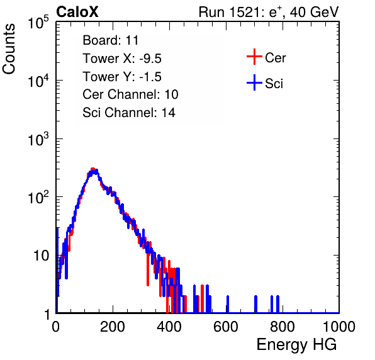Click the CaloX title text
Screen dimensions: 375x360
(77, 12)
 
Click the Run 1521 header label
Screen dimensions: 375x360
(269, 12)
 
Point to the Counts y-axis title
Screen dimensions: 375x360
(9, 49)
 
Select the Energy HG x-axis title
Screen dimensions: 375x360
(296, 345)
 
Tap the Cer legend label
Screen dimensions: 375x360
(275, 58)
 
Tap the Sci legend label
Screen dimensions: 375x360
(274, 84)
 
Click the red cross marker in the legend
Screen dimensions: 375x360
(254, 57)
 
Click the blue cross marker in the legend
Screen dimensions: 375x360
(254, 82)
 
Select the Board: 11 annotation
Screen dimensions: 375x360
(111, 40)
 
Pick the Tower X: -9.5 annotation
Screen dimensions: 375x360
(122, 59)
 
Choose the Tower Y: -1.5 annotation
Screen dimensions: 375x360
(122, 77)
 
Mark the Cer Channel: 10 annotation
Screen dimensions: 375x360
(130, 94)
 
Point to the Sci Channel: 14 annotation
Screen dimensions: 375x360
(129, 113)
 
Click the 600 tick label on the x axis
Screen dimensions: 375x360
(226, 327)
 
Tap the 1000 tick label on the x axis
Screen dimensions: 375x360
(339, 327)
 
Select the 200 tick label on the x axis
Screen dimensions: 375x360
(113, 327)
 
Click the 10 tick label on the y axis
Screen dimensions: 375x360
(42, 256)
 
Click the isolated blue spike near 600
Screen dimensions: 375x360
(227, 304)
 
